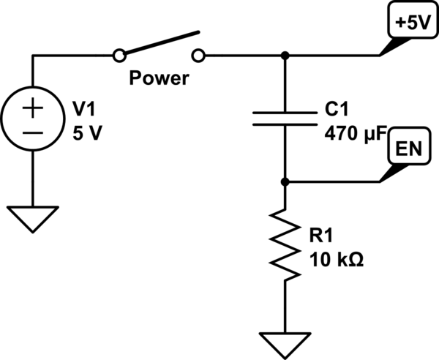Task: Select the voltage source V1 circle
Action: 34,121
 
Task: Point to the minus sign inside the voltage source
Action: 34,133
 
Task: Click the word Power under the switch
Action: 159,78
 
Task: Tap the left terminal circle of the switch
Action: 118,55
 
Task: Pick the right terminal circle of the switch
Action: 200,55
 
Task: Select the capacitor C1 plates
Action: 285,119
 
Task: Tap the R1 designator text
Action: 322,235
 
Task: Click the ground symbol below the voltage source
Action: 34,218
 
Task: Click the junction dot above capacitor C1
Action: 285,55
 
